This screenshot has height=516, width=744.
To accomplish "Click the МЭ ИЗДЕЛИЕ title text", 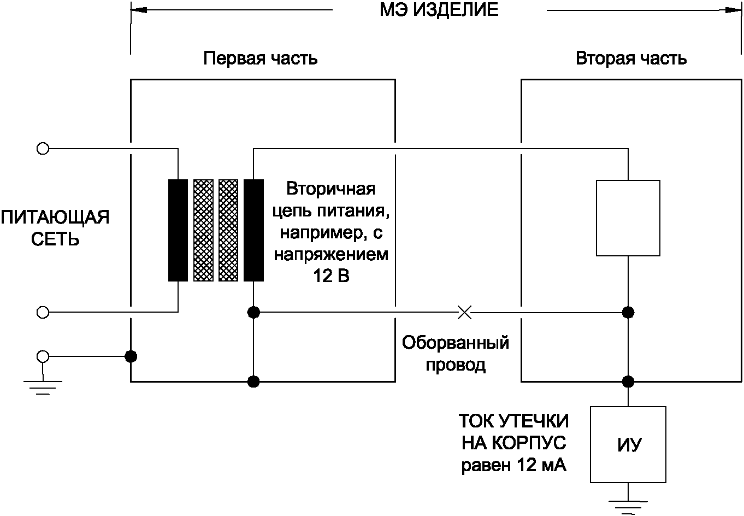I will tap(439, 10).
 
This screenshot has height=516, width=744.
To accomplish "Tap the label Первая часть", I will tap(260, 58).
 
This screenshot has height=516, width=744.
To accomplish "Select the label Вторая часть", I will tap(631, 58).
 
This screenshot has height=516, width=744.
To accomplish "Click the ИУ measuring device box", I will tap(628, 444).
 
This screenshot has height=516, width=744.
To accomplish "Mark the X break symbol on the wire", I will tap(464, 312).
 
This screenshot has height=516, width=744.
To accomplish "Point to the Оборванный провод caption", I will tap(456, 354).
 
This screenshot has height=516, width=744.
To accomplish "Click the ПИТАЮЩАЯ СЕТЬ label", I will tap(55, 228).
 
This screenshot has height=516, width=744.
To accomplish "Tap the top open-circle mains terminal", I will tap(42, 148).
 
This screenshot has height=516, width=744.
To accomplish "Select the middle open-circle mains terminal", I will tap(42, 312).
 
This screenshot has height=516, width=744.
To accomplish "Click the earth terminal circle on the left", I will tap(42, 356).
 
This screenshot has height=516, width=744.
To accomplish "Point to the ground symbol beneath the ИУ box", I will tap(628, 506).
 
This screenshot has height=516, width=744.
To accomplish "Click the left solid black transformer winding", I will tap(178, 230).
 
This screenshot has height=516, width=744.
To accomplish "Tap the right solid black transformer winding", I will tap(253, 230).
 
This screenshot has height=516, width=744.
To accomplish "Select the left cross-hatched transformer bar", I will tap(203, 230).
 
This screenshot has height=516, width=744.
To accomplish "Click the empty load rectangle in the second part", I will tap(628, 218).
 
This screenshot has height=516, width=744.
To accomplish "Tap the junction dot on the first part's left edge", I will tap(131, 356).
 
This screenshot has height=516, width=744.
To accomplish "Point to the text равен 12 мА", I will tap(514, 466).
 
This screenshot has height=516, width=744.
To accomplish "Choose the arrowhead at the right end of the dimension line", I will tap(735, 9).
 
